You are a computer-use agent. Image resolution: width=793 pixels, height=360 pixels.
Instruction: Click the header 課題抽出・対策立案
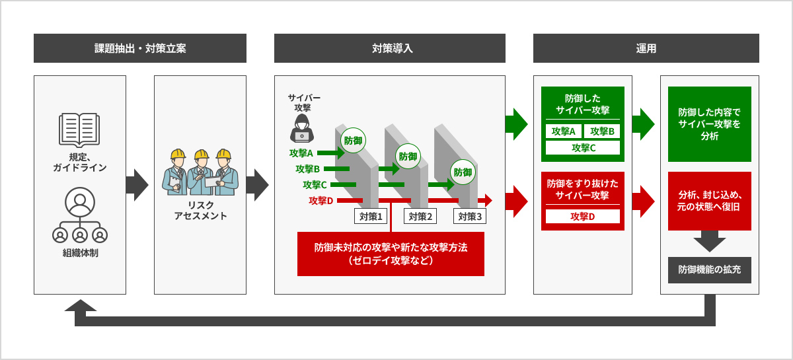(x=139, y=48)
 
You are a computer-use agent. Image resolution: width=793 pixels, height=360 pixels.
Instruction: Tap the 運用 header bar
(x=646, y=48)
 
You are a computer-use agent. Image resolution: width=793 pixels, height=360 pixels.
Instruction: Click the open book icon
(x=79, y=129)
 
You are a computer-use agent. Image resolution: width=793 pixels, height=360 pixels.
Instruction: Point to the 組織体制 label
(x=79, y=252)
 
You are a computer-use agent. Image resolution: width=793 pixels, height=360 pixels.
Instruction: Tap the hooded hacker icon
(x=302, y=127)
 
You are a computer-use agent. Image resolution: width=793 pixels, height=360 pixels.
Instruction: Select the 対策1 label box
(x=371, y=216)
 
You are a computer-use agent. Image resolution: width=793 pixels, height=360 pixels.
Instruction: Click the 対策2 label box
(x=420, y=216)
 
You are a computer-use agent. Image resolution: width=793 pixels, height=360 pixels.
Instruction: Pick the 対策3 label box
(x=470, y=216)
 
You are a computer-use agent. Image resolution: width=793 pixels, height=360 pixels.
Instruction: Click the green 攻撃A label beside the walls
(x=301, y=153)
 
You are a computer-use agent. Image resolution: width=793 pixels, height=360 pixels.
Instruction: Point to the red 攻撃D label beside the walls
(x=321, y=200)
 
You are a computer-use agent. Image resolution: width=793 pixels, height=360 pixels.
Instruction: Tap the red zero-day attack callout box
(x=391, y=254)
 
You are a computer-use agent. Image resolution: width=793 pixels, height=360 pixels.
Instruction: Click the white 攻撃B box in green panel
(x=602, y=131)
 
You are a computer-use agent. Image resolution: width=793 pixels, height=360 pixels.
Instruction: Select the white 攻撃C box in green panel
(x=583, y=148)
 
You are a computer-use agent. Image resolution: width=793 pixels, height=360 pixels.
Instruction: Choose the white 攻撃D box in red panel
(x=583, y=216)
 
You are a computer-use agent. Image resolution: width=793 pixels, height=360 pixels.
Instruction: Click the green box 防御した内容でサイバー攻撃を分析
(x=709, y=124)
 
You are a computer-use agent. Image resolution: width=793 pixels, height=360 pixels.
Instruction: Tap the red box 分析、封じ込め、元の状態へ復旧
(x=709, y=201)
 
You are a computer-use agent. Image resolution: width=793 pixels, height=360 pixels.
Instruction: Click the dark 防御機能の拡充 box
(x=709, y=270)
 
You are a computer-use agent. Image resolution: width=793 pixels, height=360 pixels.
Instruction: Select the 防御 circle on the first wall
(x=352, y=140)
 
